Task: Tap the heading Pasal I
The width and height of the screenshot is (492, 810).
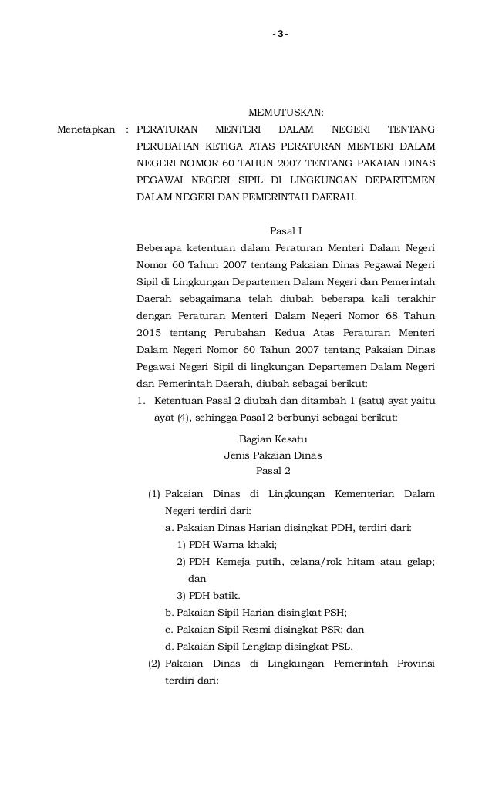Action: point(285,230)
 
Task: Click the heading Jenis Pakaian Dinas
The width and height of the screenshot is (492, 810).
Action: point(273,455)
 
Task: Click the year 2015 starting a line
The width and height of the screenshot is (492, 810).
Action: point(150,333)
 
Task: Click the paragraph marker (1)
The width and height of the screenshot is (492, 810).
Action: point(154,493)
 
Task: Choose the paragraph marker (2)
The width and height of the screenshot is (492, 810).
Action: point(154,664)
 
